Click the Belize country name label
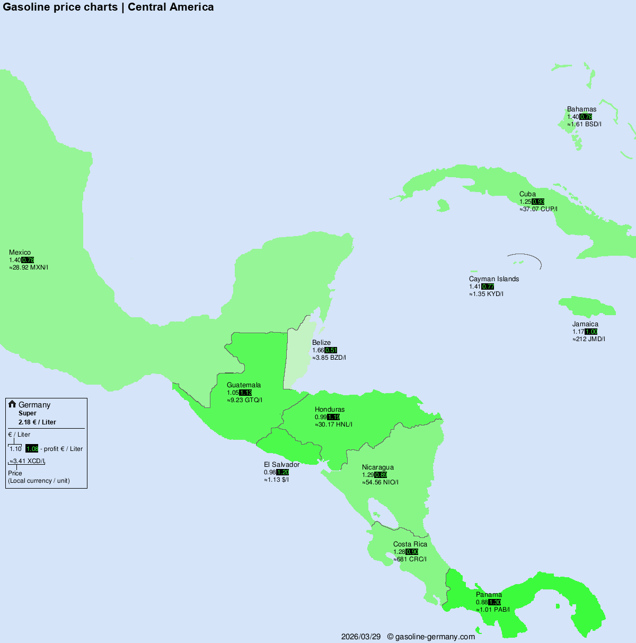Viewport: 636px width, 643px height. tap(321, 343)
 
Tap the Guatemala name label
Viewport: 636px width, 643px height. tap(244, 385)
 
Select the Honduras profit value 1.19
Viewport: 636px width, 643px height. tap(333, 417)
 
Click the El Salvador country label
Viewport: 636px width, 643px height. tap(281, 465)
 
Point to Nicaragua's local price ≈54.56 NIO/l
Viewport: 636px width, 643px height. tap(380, 482)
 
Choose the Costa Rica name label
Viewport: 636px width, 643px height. tap(410, 544)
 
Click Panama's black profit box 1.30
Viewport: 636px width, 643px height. tap(494, 602)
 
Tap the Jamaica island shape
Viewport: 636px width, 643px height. tap(586, 307)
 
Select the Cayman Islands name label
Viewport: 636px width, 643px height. tap(494, 279)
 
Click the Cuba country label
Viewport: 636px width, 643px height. tap(527, 194)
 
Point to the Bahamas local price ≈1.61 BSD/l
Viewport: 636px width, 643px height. tap(584, 124)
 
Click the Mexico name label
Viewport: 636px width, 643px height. tap(20, 253)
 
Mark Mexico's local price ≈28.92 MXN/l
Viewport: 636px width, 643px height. tap(29, 267)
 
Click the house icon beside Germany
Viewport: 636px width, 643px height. tap(12, 404)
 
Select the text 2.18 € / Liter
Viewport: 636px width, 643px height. tap(37, 422)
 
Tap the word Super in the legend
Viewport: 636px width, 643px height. tap(28, 413)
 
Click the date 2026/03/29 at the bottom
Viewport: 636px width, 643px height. tap(360, 637)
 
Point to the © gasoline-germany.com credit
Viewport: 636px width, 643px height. tap(431, 637)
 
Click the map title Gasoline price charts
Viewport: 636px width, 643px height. tap(60, 7)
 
